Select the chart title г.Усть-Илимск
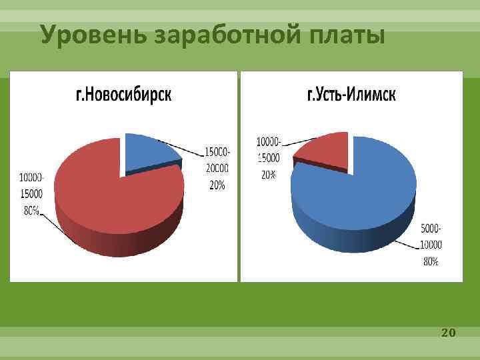click(351, 95)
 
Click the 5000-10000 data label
click(431, 237)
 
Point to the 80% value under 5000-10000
click(431, 262)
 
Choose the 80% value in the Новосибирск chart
click(30, 210)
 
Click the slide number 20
click(448, 331)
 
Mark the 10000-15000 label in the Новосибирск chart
click(31, 186)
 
